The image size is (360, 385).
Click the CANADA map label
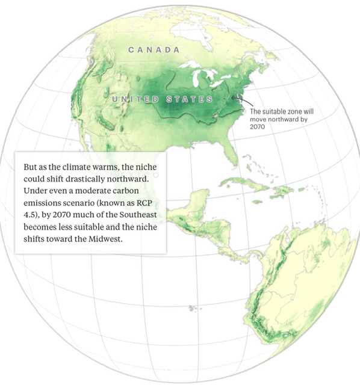(154, 50)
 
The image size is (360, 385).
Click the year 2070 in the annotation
(257, 127)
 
